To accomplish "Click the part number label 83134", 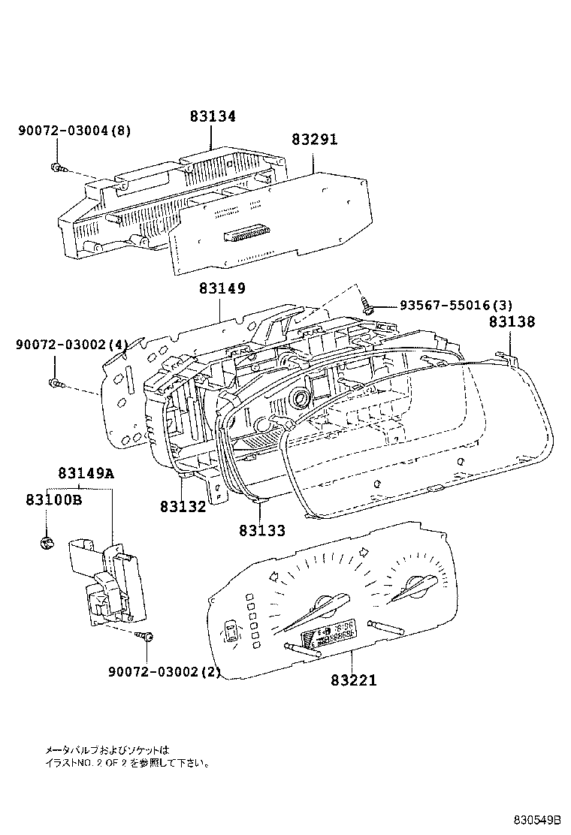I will click(212, 116).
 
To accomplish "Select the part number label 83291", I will click(314, 140).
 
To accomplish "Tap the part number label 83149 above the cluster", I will click(222, 289).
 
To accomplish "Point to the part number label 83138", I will click(512, 322).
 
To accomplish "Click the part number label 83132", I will click(183, 507).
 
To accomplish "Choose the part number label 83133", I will click(262, 531).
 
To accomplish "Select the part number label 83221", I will click(353, 680).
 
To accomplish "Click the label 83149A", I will click(86, 473).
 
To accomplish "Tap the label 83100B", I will click(53, 499).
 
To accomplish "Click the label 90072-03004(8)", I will click(74, 131).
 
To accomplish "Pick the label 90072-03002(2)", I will click(164, 671).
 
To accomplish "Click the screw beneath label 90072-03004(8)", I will click(56, 167).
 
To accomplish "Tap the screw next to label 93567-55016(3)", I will click(368, 306).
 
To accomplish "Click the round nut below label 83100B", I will click(45, 543).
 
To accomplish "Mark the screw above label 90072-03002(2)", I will click(147, 637).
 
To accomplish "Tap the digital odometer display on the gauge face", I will click(329, 635).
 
